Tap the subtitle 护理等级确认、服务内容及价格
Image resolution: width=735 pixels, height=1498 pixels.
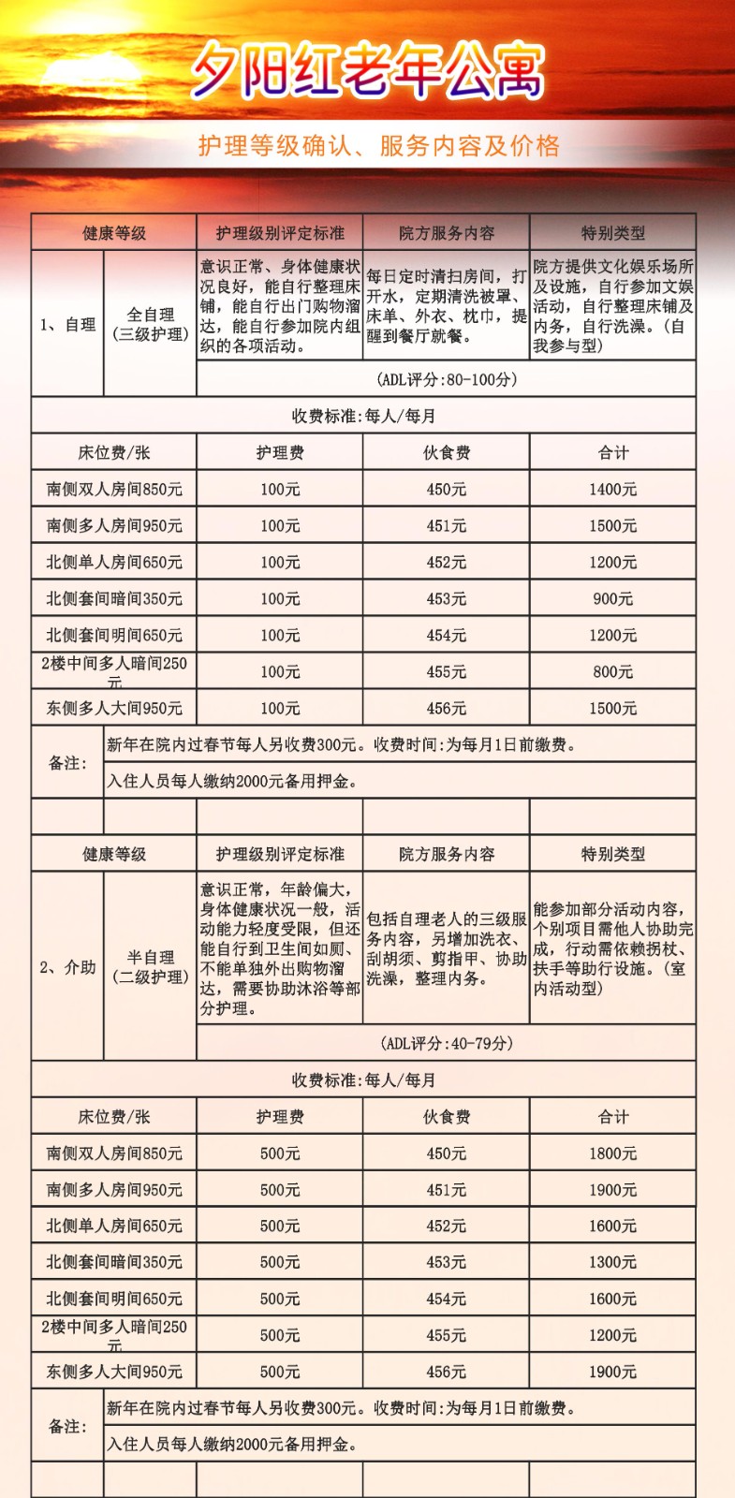[378, 145]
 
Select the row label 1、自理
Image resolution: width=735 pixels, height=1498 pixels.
[67, 325]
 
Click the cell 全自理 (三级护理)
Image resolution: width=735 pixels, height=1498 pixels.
[151, 324]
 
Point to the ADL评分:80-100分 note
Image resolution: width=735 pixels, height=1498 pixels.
[447, 379]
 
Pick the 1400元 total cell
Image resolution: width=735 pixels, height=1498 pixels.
[612, 489]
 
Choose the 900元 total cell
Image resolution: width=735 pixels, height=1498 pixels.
[612, 598]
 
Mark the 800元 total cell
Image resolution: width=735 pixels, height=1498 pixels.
[612, 671]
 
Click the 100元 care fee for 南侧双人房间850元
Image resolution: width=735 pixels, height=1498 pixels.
[280, 489]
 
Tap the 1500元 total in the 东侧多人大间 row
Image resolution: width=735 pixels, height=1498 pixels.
[612, 708]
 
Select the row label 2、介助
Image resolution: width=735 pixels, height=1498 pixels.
[67, 967]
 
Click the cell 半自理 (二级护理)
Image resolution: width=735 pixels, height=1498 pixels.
[151, 966]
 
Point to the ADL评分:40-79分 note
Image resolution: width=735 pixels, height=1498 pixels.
[447, 1043]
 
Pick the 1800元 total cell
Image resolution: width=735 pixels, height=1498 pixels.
[612, 1153]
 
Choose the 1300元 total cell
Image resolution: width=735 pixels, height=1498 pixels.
[612, 1262]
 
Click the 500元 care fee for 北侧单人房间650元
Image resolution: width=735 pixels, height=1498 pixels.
[280, 1226]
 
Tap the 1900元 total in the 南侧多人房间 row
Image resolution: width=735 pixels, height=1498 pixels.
[612, 1190]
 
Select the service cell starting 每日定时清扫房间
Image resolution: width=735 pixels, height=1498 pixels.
[447, 306]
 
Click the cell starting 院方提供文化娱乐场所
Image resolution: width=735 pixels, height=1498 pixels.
[612, 306]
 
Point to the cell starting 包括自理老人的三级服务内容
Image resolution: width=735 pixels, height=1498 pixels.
[447, 948]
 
